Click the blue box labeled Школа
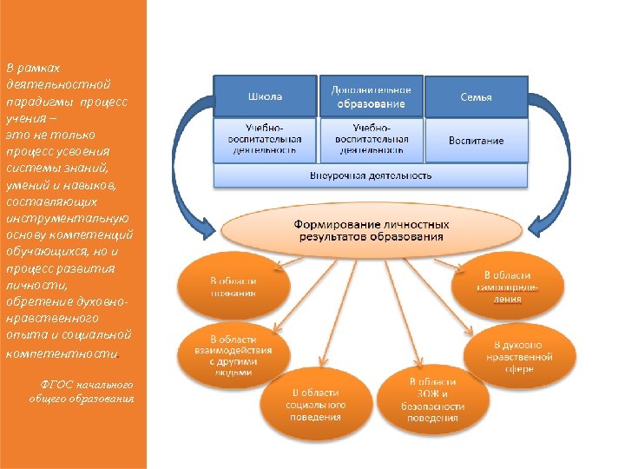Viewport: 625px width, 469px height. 266,96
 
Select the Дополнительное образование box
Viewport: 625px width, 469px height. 371,96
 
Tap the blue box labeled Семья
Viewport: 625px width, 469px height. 476,96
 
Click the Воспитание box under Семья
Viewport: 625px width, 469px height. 476,140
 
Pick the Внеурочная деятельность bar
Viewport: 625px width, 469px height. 371,175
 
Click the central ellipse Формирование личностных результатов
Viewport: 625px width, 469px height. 371,230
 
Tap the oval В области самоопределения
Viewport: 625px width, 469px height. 502,287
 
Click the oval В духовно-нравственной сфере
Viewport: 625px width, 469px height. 519,356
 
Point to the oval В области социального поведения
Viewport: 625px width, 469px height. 315,405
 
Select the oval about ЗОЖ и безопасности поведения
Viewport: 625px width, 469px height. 432,400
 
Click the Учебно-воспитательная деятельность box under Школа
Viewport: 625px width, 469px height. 266,140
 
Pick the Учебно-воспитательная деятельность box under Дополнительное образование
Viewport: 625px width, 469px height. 371,140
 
